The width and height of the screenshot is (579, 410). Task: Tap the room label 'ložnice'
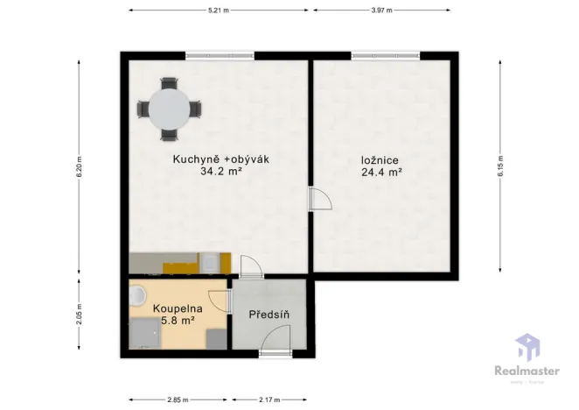coord(380,160)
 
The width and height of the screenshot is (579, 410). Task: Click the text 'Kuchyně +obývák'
coord(207,159)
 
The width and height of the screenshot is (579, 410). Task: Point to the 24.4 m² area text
coord(381,173)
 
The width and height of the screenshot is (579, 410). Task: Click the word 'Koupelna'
coord(178,309)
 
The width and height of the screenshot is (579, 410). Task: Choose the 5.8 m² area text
coord(178,322)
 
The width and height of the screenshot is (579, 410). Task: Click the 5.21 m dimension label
coord(219,10)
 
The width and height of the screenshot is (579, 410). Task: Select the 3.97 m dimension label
coord(381,10)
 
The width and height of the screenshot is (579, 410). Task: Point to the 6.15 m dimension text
coord(501,163)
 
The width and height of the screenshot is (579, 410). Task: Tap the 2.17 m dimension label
coord(269,400)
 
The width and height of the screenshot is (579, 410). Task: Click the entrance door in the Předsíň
coord(278,343)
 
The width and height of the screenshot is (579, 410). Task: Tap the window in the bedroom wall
coord(381,56)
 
